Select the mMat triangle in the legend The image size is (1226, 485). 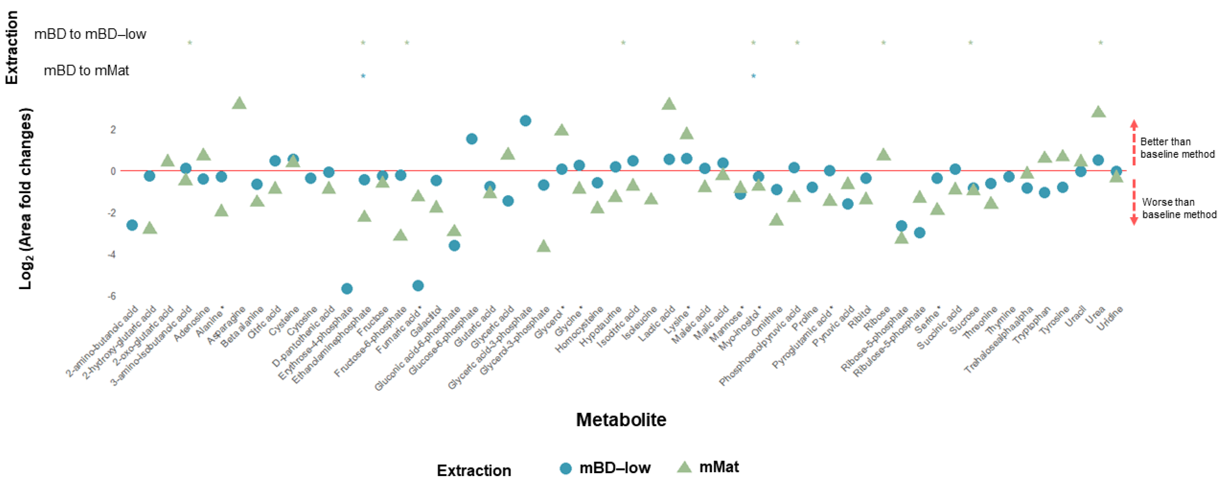point(684,467)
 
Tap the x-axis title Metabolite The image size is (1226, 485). point(621,419)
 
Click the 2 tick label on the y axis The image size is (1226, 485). point(113,129)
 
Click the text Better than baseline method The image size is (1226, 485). point(1177,147)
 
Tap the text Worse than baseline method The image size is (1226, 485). point(1179,208)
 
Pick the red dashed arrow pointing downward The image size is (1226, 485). point(1134,202)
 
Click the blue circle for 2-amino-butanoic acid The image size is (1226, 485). point(132,225)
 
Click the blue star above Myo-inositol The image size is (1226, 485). point(753,76)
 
